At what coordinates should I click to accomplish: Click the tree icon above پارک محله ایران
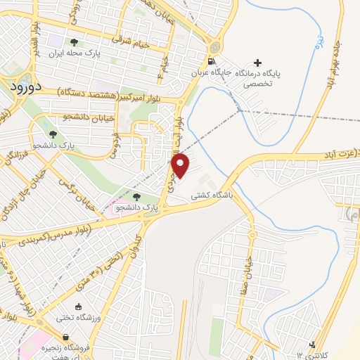point(75,42)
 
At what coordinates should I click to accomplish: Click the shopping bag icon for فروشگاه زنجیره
point(85,337)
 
